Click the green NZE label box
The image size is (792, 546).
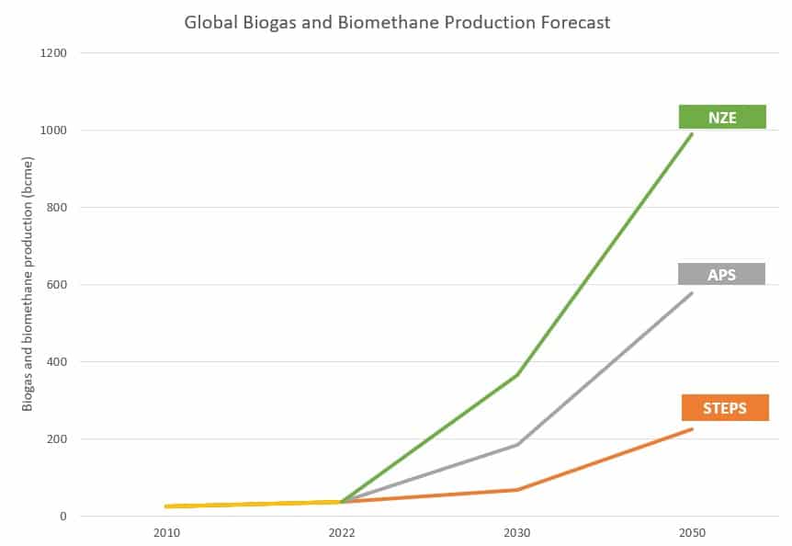pos(722,117)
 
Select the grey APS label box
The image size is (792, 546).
pos(721,274)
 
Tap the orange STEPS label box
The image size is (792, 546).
pos(725,407)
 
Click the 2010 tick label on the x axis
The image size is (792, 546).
pos(166,533)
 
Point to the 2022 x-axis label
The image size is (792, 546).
pos(342,533)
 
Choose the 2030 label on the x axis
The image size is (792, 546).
pos(517,533)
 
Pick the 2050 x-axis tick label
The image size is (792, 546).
pos(692,533)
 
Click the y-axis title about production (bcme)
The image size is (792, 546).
pos(28,284)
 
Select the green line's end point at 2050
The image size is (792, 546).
pos(692,134)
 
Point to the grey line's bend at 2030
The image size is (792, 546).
pos(517,445)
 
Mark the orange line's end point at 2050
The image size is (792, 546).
pos(692,429)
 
